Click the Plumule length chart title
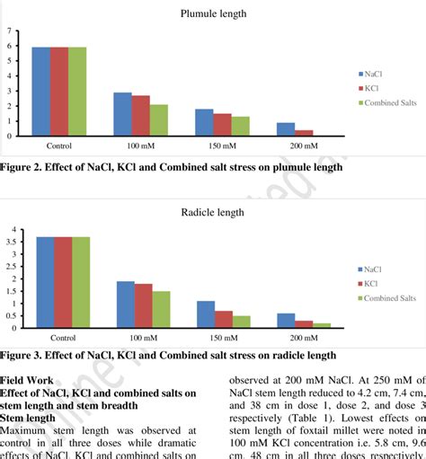213,14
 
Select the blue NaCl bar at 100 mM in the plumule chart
122,114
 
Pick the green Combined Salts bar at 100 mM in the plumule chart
159,120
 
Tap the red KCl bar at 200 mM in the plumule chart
304,133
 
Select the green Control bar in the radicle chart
81,284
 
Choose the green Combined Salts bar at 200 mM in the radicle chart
322,327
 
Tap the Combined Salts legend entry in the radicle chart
388,298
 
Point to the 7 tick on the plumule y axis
9,32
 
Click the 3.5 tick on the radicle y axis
11,242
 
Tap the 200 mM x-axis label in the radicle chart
304,339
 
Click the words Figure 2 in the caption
23,167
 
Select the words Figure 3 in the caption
23,356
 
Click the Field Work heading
29,380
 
